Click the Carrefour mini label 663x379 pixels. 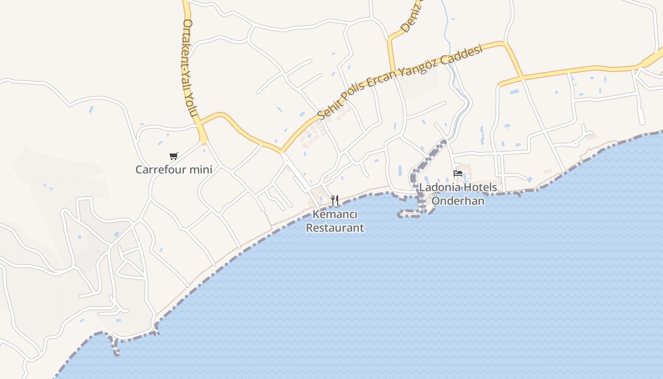(x=173, y=170)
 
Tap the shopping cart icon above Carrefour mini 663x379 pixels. (x=173, y=156)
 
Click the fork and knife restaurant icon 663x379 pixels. (x=335, y=200)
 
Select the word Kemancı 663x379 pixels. (x=335, y=215)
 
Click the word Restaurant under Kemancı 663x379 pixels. (x=335, y=228)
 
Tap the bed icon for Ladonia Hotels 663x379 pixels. (x=457, y=174)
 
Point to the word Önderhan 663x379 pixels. (x=458, y=201)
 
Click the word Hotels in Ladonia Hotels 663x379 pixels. (x=480, y=187)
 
